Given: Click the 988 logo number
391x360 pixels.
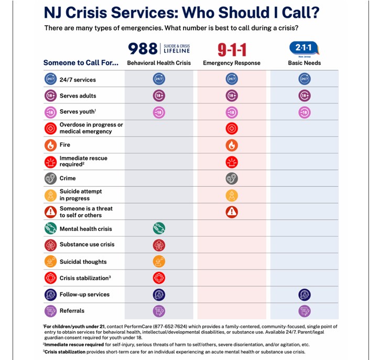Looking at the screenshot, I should (143, 49).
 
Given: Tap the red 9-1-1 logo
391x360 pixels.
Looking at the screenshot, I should (232, 50).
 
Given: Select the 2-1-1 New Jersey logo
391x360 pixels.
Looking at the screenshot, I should (304, 49).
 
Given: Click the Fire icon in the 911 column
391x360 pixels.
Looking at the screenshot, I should (232, 145).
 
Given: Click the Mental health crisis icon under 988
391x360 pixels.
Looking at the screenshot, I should (159, 229).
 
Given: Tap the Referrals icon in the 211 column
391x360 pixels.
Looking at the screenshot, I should (304, 311).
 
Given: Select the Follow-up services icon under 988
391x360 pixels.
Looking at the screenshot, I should (159, 294).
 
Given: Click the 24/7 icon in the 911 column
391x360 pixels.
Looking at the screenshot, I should (232, 79).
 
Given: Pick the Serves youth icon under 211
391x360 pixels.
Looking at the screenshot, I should (304, 112).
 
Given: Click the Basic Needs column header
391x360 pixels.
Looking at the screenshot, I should (304, 63).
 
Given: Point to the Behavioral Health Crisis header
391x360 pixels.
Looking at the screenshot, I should (159, 63).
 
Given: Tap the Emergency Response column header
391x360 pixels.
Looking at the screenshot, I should (232, 63).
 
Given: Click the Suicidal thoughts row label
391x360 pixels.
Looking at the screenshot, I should (83, 262).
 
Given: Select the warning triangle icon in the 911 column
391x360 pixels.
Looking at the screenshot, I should (232, 212).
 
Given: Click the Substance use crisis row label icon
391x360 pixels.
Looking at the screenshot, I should (50, 245).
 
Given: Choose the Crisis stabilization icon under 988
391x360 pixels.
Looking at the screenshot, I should (159, 278).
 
